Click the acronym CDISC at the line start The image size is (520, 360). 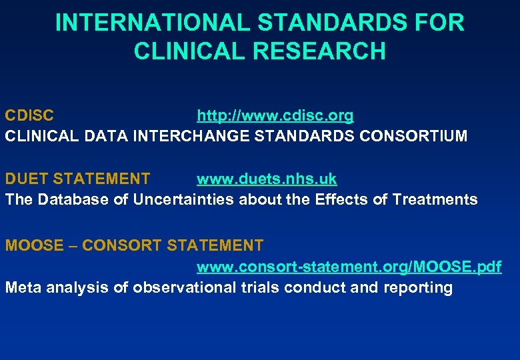point(30,115)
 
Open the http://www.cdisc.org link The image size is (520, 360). point(275,115)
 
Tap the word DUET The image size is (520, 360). point(27,179)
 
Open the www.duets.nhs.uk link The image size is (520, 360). point(267,179)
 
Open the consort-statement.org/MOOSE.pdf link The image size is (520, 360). point(349,267)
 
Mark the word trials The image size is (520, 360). point(259,288)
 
